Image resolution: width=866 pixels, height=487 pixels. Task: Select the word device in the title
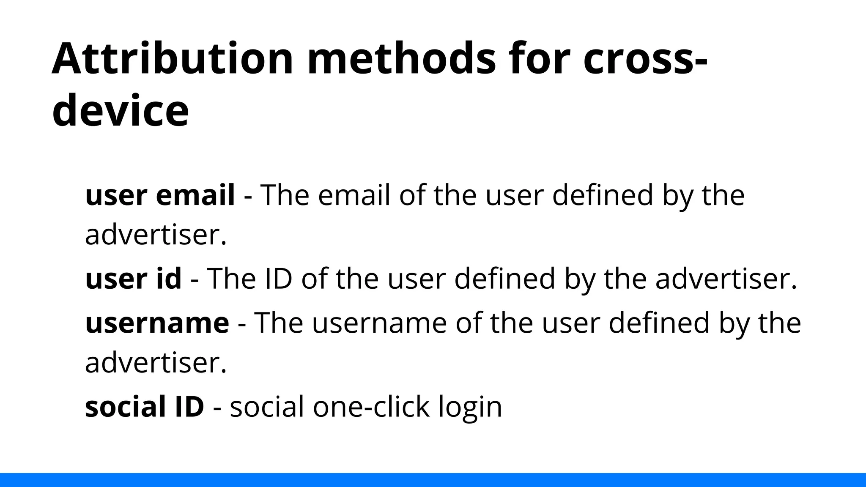tap(120, 111)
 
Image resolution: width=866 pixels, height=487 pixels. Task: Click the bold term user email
tap(160, 195)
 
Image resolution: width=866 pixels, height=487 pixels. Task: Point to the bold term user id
tap(133, 279)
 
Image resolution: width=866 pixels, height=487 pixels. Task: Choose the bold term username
tap(157, 323)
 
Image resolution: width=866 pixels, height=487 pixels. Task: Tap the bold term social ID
tap(144, 407)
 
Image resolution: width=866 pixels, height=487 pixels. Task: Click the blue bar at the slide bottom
tap(433, 480)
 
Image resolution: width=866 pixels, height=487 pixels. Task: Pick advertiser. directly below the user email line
tap(156, 235)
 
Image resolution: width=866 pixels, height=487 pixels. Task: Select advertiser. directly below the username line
tap(156, 363)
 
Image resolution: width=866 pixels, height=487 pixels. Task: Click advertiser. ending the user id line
tap(726, 279)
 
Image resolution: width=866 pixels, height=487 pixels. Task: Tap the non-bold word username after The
tap(379, 323)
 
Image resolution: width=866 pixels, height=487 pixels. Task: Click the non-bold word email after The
tap(354, 195)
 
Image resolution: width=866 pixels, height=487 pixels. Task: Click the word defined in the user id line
tap(504, 279)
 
